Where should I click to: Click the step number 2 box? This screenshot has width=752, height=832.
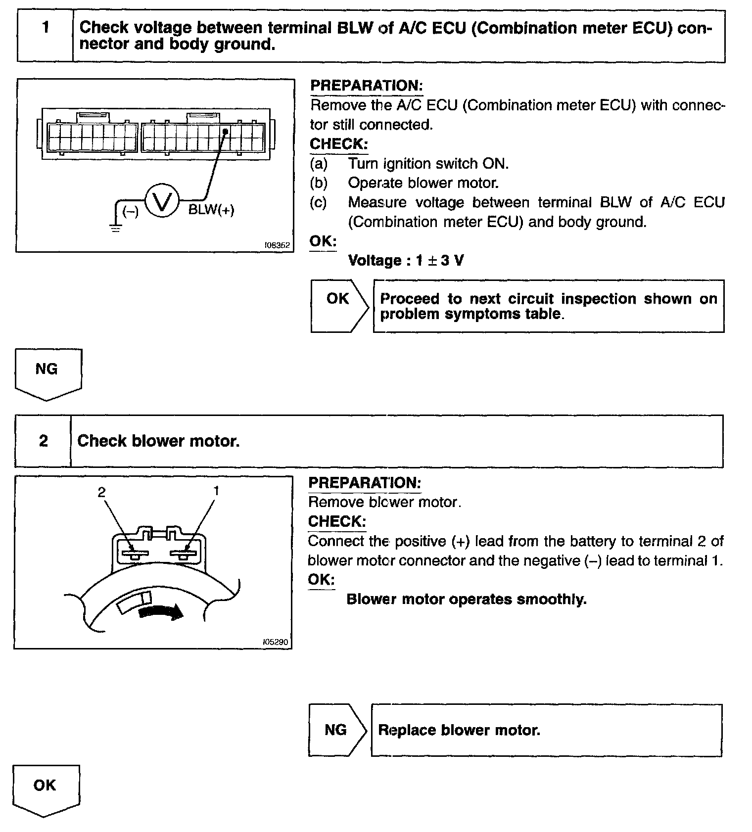coord(43,441)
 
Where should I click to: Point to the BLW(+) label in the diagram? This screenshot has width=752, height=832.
coord(211,210)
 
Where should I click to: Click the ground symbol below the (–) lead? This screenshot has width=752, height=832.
coord(116,228)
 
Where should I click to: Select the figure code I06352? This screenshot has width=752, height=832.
coord(277,245)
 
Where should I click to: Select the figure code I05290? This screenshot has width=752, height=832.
coord(276,642)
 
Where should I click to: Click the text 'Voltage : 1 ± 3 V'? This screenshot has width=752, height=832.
coord(406,260)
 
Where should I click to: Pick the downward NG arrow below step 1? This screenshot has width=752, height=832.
coord(47,374)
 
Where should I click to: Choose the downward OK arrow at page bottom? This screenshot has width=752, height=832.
coord(45,790)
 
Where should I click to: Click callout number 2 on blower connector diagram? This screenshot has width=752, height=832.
coord(101,492)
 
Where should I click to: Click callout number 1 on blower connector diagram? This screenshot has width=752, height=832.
coord(216,491)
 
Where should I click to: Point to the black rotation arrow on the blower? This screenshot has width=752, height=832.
coord(161,612)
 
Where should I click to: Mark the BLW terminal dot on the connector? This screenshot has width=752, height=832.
coord(225,132)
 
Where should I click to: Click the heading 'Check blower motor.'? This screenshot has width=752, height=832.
coord(158,441)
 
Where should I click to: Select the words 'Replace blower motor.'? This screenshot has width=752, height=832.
coord(459,730)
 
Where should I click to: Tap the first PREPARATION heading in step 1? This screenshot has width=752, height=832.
coord(366,86)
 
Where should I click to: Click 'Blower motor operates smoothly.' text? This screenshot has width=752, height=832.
coord(466,599)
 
